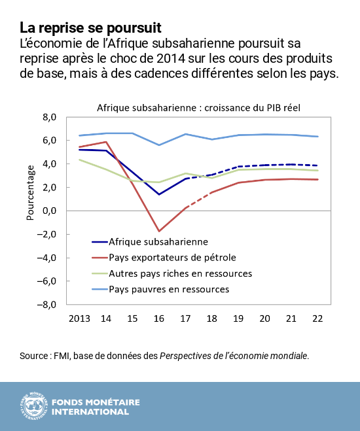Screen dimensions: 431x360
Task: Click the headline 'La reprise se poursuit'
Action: [x=90, y=28]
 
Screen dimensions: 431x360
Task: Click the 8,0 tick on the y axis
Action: [x=50, y=117]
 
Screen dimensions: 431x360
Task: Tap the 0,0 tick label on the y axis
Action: [x=50, y=211]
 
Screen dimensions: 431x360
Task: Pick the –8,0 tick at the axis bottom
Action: [x=47, y=305]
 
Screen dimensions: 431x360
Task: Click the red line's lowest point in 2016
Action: [x=159, y=231]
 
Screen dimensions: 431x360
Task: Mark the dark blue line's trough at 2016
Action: [x=159, y=194]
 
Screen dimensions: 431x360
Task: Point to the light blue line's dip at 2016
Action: [x=159, y=145]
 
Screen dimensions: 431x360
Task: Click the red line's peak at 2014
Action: [x=105, y=142]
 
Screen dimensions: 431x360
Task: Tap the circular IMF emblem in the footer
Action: [x=31, y=406]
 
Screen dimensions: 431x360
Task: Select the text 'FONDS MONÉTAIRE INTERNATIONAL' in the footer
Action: [x=95, y=406]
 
